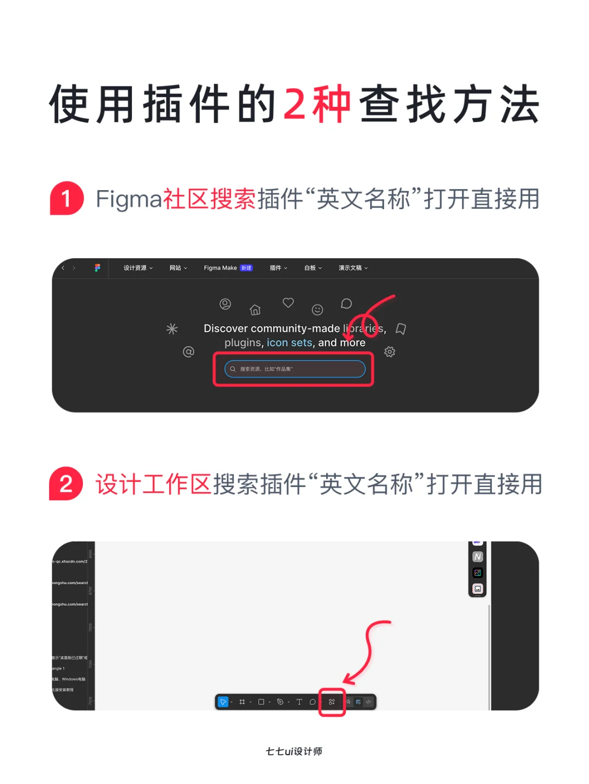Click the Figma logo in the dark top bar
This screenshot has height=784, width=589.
point(98,268)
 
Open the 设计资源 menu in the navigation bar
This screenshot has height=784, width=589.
point(137,268)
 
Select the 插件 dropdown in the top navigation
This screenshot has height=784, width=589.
point(278,268)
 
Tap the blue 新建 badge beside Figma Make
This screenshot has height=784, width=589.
point(247,268)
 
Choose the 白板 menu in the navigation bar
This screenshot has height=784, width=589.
point(312,268)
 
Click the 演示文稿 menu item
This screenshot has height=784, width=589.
point(352,268)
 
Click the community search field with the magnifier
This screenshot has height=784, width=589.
point(294,369)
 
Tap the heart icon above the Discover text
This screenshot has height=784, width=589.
point(288,302)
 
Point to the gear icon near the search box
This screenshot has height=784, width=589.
point(389,352)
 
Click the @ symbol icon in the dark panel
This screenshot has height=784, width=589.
point(188,352)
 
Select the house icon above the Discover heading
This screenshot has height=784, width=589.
point(255,310)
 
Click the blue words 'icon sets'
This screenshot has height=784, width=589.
point(289,343)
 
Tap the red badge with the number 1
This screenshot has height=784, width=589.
point(67,198)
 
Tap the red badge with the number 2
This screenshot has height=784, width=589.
point(66,484)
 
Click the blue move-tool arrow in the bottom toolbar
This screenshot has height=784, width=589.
point(223,702)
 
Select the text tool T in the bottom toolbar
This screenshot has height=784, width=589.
point(299,702)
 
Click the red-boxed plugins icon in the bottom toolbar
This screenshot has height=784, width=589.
point(332,702)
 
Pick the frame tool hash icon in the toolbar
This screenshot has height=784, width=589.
point(242,702)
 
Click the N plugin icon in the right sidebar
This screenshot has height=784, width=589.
point(478,557)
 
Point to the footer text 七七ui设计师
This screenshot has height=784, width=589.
point(294,751)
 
